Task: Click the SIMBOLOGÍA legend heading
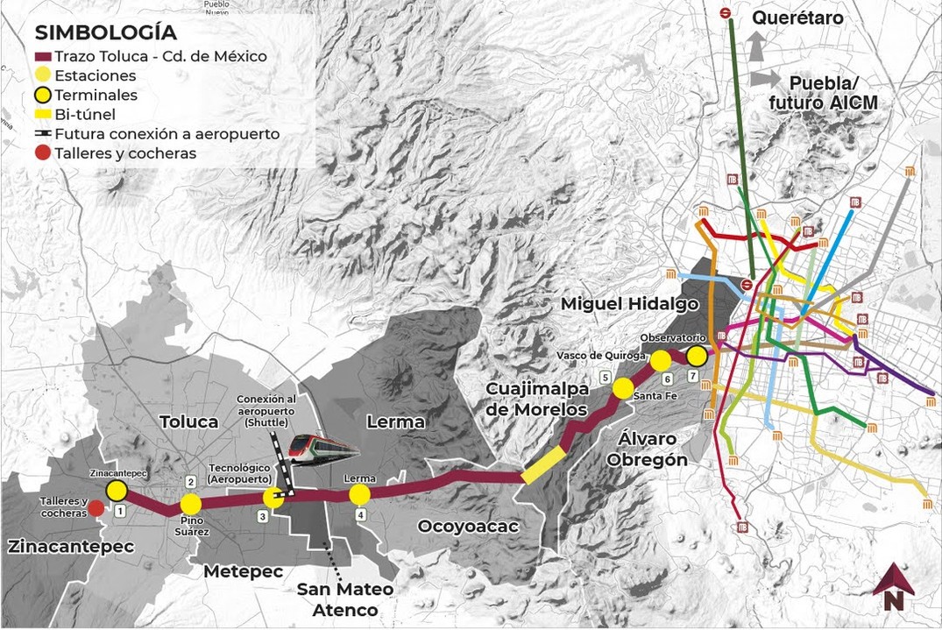105,33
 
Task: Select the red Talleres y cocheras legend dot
43,153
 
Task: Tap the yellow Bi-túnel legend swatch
43,115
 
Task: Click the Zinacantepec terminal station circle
117,490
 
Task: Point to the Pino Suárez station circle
191,504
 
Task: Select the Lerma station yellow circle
359,495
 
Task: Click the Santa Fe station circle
623,388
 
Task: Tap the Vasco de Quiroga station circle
661,361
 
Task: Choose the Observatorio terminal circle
697,356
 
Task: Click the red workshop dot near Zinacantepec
96,508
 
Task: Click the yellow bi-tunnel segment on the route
543,464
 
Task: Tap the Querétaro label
797,18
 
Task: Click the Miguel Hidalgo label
630,304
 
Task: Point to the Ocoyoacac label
468,527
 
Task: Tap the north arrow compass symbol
893,587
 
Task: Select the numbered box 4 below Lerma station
360,515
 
